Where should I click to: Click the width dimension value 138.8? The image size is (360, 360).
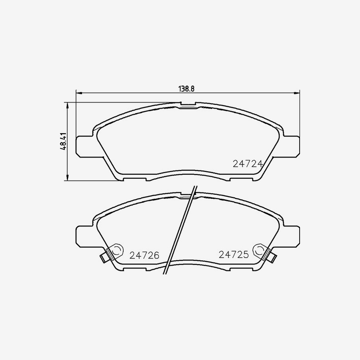[186, 89]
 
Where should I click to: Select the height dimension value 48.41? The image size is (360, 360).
[63, 142]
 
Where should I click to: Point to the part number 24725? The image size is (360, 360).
[234, 254]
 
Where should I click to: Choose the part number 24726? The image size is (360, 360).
[144, 254]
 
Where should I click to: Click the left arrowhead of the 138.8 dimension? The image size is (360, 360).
[78, 94]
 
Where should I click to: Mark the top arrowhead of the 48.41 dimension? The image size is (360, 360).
[67, 105]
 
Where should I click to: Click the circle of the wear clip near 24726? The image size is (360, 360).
[116, 251]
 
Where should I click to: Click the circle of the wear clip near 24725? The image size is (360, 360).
[259, 251]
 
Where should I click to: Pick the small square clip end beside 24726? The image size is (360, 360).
[104, 258]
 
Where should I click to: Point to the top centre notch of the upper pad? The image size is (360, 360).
[188, 106]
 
